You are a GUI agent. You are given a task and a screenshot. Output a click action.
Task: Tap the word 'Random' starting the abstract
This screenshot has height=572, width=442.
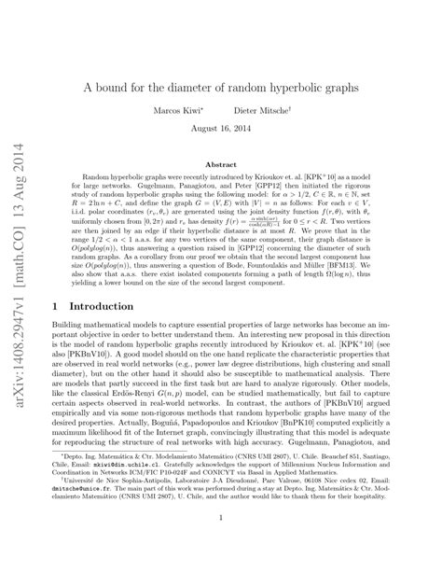pos(98,175)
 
